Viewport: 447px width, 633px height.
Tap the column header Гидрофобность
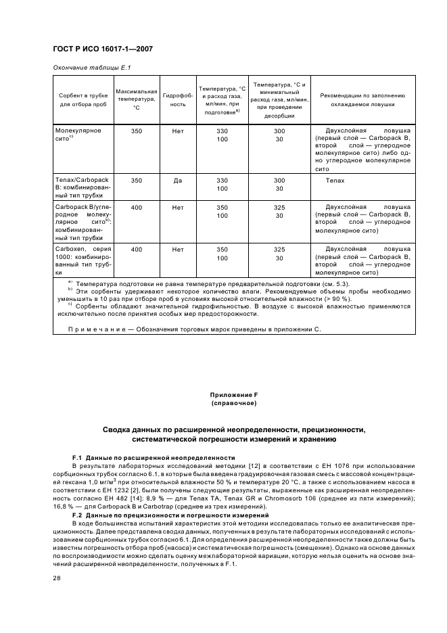pyautogui.click(x=178, y=100)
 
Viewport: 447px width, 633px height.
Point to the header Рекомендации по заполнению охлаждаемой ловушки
pyautogui.click(x=367, y=100)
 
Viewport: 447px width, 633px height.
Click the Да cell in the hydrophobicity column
pyautogui.click(x=178, y=181)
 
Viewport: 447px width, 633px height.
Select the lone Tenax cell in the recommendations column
pyautogui.click(x=335, y=181)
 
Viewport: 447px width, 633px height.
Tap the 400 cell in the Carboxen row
pyautogui.click(x=137, y=250)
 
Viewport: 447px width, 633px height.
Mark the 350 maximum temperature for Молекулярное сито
pyautogui.click(x=137, y=131)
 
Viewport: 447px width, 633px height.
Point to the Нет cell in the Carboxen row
pyautogui.click(x=178, y=250)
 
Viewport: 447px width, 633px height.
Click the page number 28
pyautogui.click(x=57, y=578)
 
